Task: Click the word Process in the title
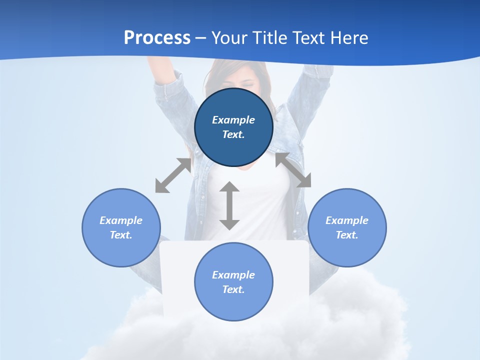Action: click(x=157, y=38)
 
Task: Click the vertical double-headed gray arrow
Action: click(x=229, y=205)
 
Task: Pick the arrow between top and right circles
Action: click(x=293, y=170)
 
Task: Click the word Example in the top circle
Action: click(x=233, y=120)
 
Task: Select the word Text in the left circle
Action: click(x=121, y=235)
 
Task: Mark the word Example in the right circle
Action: click(x=347, y=220)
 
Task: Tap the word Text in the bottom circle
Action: click(x=233, y=289)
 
